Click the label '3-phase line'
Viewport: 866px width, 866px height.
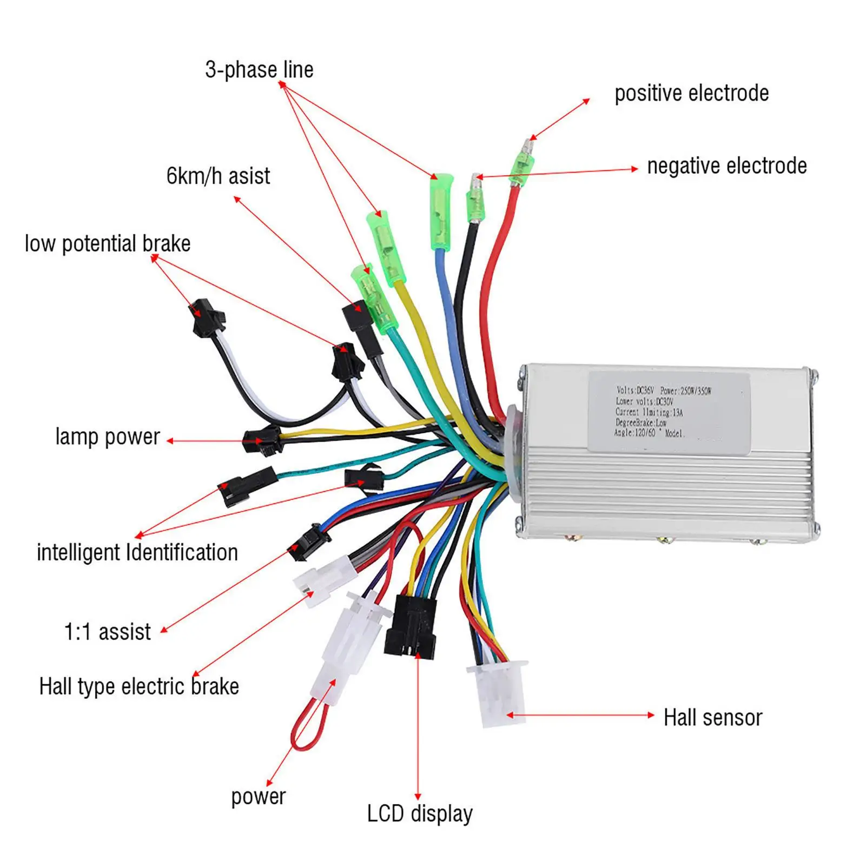pyautogui.click(x=259, y=70)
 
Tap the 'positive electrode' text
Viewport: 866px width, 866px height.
pyautogui.click(x=691, y=93)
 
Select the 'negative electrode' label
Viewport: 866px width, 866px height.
pyautogui.click(x=726, y=166)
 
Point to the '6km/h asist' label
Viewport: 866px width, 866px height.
pyautogui.click(x=218, y=176)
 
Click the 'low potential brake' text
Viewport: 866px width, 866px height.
pyautogui.click(x=108, y=243)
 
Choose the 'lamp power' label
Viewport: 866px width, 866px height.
pyautogui.click(x=108, y=437)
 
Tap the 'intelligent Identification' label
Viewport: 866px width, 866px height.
pyautogui.click(x=137, y=552)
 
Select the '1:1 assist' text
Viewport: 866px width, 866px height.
pyautogui.click(x=108, y=631)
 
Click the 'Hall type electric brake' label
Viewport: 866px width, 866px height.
pyautogui.click(x=139, y=686)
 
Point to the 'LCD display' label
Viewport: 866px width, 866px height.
pyautogui.click(x=420, y=814)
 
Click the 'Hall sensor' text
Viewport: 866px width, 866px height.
pyautogui.click(x=712, y=718)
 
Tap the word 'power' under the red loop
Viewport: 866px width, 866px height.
pyautogui.click(x=258, y=796)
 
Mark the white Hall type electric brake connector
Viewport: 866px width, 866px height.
pyautogui.click(x=313, y=581)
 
